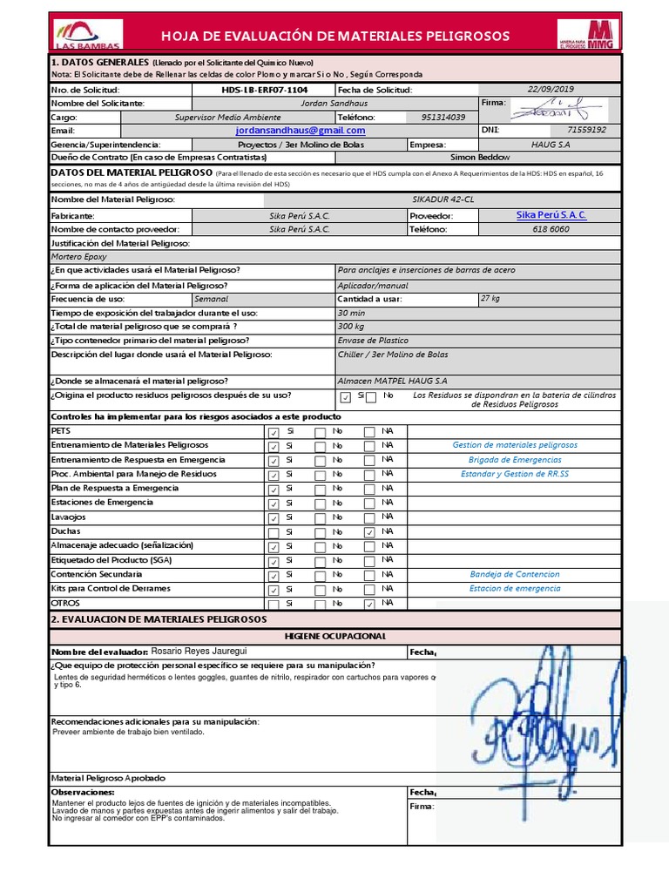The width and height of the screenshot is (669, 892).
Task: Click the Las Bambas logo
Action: click(x=88, y=33)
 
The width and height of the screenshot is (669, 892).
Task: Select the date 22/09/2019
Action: click(x=551, y=90)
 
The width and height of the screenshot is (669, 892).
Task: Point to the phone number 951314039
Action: click(x=443, y=117)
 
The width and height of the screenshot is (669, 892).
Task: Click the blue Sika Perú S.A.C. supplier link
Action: click(x=551, y=215)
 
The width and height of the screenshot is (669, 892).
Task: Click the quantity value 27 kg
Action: click(x=490, y=299)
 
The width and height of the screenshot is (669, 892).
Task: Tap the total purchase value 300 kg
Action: click(x=352, y=327)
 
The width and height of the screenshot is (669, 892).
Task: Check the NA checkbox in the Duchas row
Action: click(x=370, y=532)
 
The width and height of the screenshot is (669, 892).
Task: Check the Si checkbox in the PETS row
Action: click(x=274, y=432)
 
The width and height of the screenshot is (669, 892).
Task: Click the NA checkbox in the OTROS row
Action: click(x=370, y=604)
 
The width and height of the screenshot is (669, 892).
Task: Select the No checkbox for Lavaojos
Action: click(x=321, y=518)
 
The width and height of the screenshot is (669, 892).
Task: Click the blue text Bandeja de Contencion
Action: click(x=514, y=574)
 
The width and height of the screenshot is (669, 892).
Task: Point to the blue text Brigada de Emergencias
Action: click(x=514, y=460)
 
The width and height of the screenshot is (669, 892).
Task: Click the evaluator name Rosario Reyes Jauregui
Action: click(x=199, y=651)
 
